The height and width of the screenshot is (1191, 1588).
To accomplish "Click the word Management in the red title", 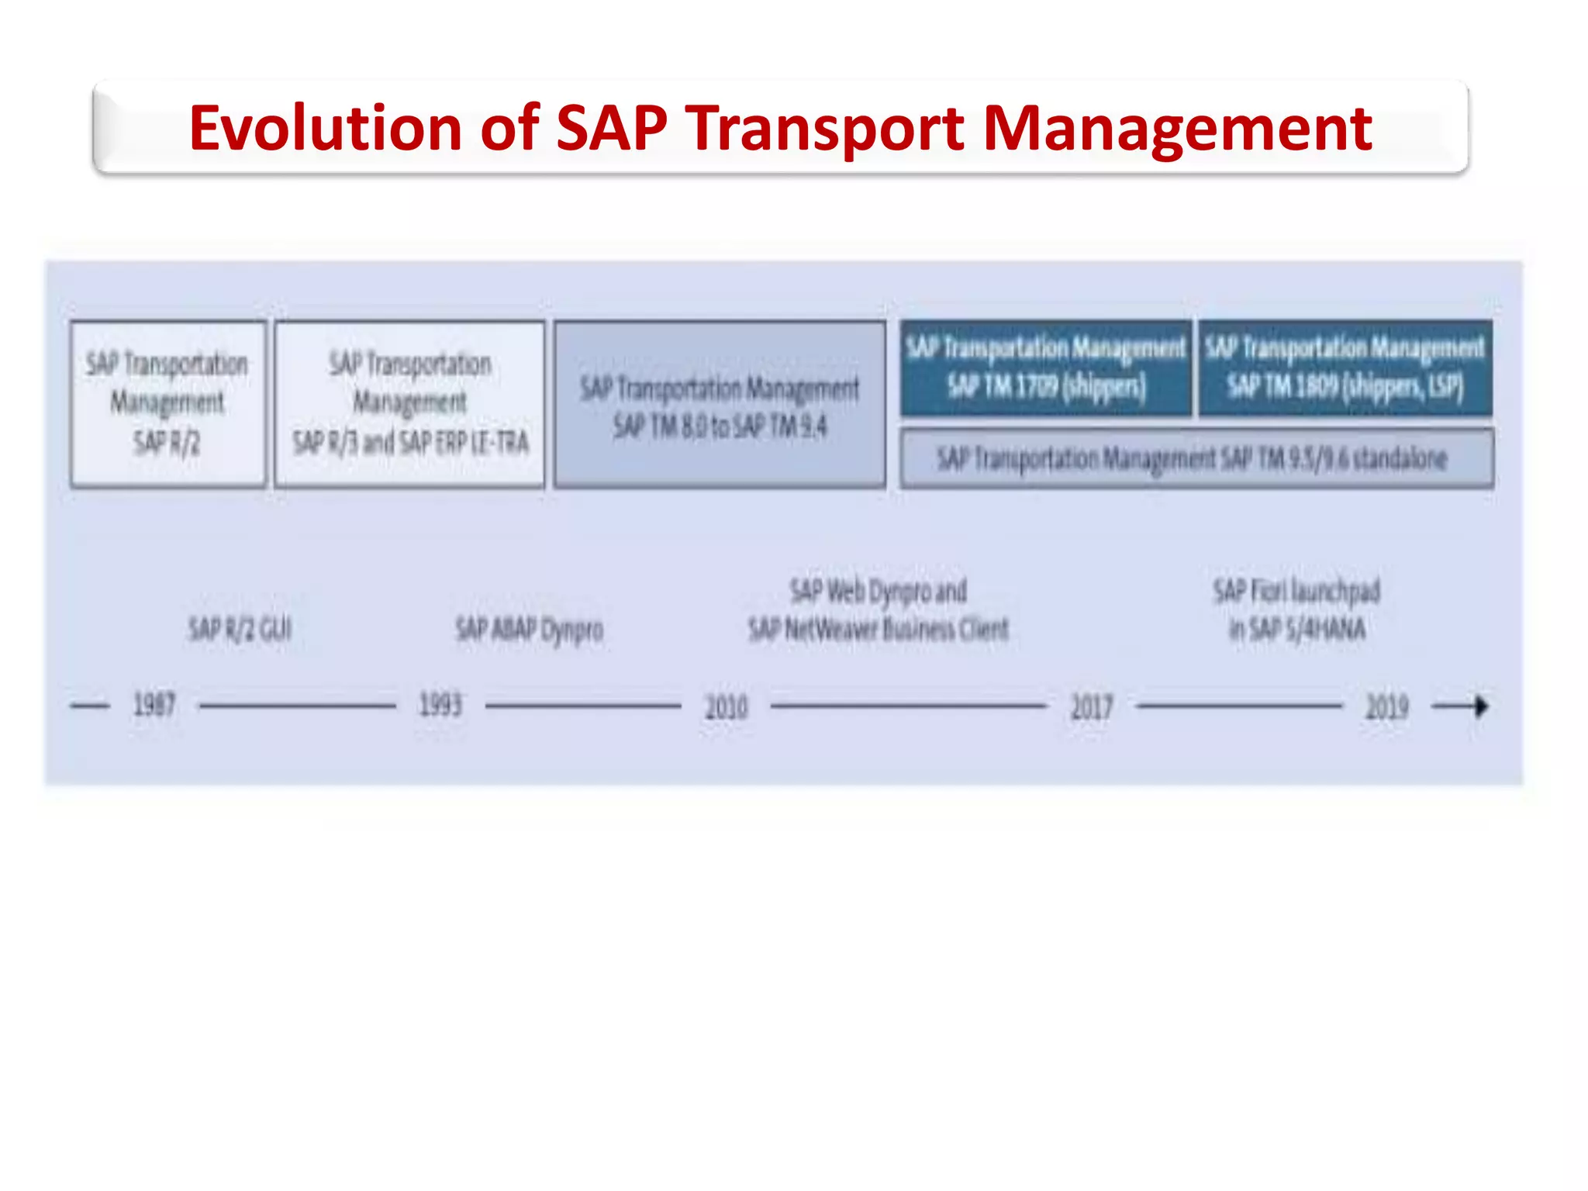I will pos(1177,128).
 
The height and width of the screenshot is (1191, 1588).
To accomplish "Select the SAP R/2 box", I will pos(167,404).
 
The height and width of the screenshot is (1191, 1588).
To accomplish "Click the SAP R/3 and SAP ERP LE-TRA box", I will pos(410,404).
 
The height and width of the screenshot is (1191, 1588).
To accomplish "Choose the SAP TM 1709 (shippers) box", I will pos(1045,368).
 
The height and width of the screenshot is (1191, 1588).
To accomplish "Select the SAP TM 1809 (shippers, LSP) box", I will pos(1345,368).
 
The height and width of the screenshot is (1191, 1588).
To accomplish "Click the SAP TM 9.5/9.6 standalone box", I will pos(1196,459).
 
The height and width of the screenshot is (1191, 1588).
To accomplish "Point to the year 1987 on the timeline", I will pos(154,706).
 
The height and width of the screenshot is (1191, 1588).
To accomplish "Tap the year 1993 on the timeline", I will pos(440,706).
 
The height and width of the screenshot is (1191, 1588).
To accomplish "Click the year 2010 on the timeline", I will pos(727,707).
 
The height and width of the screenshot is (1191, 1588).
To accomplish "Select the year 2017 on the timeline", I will pos(1092,707).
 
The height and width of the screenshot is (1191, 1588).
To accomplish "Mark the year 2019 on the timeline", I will pos(1386,707).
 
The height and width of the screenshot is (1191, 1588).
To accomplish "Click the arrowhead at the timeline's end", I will pos(1481,706).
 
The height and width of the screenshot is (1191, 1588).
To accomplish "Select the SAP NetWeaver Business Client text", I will pos(879,629).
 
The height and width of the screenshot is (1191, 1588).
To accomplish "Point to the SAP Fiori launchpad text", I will pos(1296,592).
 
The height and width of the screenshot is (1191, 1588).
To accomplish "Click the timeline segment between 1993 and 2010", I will pos(583,706).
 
